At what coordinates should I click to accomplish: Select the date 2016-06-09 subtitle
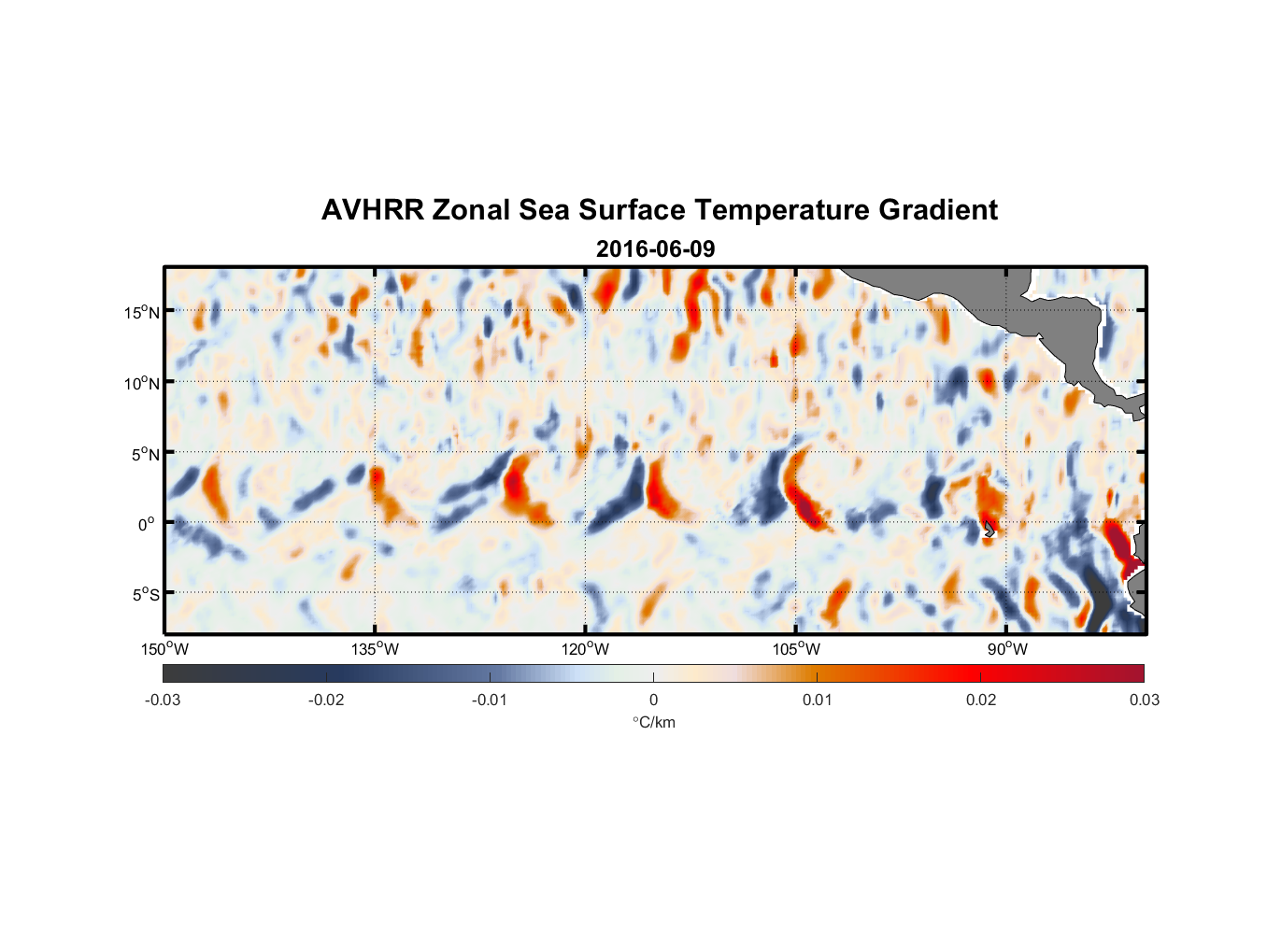[x=655, y=249]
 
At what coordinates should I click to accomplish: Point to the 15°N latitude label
[x=142, y=313]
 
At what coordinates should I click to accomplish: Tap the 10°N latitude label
[x=142, y=383]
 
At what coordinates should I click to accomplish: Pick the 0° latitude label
[x=147, y=525]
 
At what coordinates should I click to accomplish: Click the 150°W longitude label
[x=164, y=649]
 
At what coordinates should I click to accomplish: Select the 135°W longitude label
[x=375, y=649]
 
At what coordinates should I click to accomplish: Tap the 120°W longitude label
[x=585, y=649]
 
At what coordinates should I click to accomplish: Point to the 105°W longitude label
[x=796, y=649]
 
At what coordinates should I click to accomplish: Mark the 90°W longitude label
[x=1007, y=649]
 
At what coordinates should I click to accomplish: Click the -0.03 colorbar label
[x=163, y=700]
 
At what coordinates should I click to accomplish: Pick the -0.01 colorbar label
[x=490, y=700]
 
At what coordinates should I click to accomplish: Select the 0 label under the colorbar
[x=653, y=700]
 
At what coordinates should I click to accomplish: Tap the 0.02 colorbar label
[x=981, y=700]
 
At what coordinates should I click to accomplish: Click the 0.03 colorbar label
[x=1144, y=700]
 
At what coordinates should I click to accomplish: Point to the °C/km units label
[x=653, y=722]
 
